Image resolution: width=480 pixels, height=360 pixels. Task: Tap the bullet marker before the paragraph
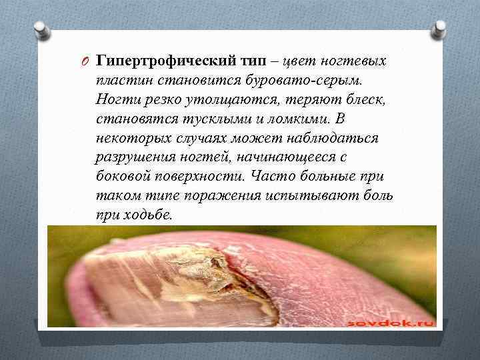tap(85, 61)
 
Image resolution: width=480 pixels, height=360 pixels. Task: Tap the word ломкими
tap(299, 119)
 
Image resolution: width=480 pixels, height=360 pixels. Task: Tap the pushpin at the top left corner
tap(38, 31)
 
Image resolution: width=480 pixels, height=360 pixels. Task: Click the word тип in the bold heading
tap(261, 61)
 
